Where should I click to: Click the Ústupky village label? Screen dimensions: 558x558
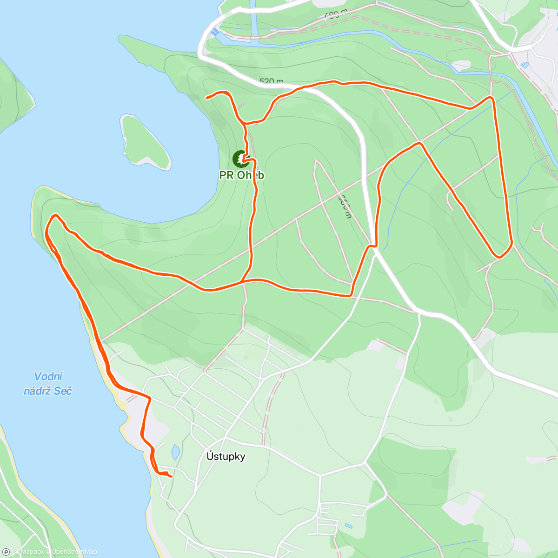pos(226,456)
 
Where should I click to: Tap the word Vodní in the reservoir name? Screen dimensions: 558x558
pos(49,376)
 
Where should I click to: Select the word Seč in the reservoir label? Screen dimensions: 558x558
pos(63,391)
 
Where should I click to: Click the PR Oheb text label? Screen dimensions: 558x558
pos(242,175)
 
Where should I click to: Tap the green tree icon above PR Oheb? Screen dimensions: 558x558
pos(240,159)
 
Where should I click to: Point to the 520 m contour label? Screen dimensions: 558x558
pos(271,81)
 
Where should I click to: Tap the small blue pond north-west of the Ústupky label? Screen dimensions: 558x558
pos(175,451)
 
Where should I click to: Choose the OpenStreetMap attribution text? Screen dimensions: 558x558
pos(74,551)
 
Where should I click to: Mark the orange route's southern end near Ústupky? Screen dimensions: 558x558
pos(171,476)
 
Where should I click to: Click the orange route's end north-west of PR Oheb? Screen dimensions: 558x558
pos(207,97)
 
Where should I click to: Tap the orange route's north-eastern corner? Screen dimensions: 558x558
pos(491,98)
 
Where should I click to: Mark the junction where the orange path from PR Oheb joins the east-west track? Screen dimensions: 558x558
pos(242,281)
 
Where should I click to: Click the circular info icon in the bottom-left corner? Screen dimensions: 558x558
pos(6,551)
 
